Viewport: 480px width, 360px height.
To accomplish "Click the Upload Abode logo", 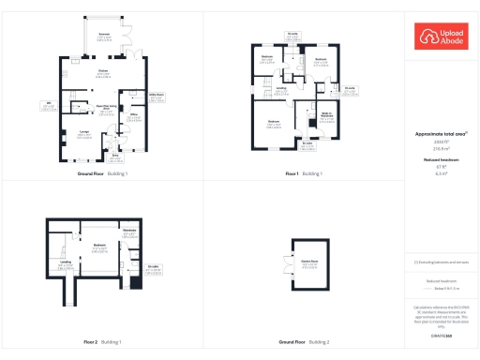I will click(x=441, y=37).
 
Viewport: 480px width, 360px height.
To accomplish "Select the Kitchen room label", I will click(x=103, y=72).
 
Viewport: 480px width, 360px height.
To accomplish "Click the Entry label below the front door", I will click(x=116, y=158).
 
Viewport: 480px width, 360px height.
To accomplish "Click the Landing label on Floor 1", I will click(x=281, y=92).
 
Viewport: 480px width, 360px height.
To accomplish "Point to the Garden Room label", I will click(x=308, y=265).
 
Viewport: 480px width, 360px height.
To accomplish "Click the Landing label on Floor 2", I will click(x=66, y=265).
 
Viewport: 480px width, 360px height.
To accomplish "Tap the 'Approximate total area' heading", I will click(x=440, y=134).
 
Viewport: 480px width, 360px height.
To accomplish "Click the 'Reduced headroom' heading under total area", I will click(x=440, y=160).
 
